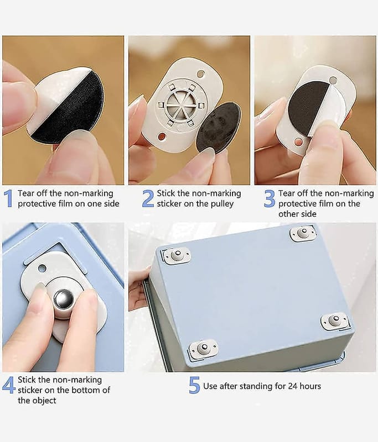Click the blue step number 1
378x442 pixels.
9,198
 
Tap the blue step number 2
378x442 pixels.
148,198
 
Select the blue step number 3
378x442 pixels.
270,198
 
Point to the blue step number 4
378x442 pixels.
9,385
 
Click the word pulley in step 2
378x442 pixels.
222,204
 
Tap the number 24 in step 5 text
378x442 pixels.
293,386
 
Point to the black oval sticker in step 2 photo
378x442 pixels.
218,128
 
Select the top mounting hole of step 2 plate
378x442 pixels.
201,75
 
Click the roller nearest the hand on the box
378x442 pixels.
177,256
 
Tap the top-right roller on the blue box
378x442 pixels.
303,233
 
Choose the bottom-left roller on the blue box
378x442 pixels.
203,349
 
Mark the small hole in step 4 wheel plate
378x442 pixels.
42,268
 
